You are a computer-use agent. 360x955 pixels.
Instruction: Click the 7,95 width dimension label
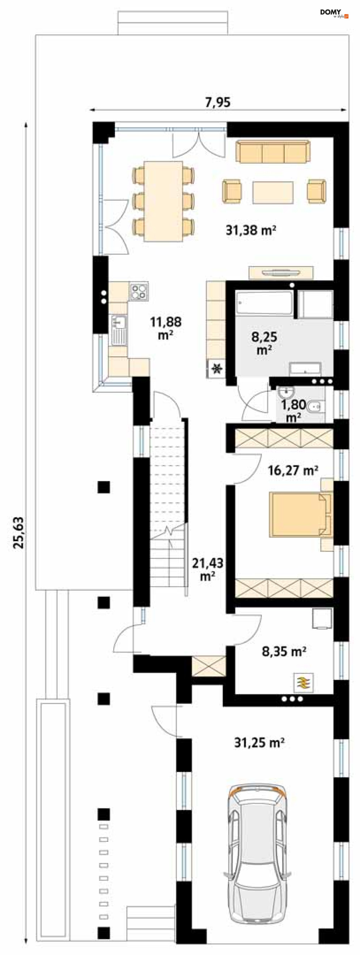pyautogui.click(x=218, y=102)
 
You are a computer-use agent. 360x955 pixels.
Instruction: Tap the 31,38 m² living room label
pyautogui.click(x=251, y=230)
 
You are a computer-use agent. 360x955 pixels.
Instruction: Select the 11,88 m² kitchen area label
pyautogui.click(x=166, y=328)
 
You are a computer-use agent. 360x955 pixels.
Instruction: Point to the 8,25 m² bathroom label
pyautogui.click(x=264, y=343)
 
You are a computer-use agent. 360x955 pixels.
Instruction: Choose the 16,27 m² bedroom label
pyautogui.click(x=293, y=471)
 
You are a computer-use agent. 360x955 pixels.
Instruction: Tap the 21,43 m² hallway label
pyautogui.click(x=208, y=569)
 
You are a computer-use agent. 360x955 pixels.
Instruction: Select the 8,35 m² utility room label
pyautogui.click(x=284, y=651)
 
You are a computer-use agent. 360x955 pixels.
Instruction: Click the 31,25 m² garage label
pyautogui.click(x=259, y=743)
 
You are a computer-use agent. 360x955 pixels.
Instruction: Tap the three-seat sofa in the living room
pyautogui.click(x=273, y=152)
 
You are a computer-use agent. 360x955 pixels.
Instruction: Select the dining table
pyautogui.click(x=164, y=201)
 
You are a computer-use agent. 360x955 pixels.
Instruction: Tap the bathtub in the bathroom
pyautogui.click(x=264, y=304)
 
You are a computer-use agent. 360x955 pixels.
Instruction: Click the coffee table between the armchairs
pyautogui.click(x=273, y=192)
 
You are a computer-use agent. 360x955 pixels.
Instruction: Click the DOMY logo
pyautogui.click(x=334, y=13)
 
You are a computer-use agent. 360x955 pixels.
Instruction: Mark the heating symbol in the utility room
pyautogui.click(x=304, y=683)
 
